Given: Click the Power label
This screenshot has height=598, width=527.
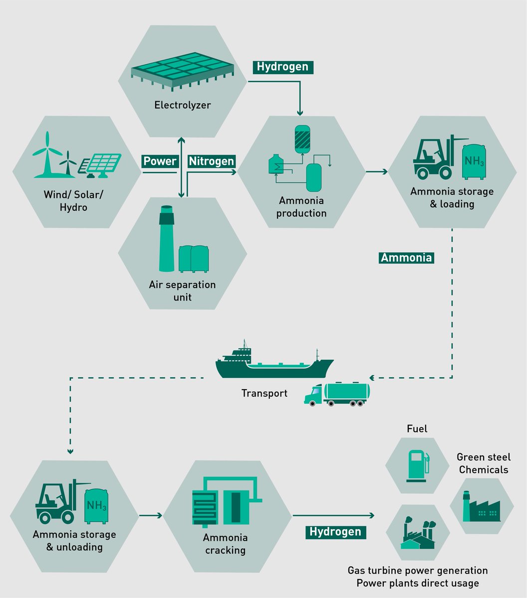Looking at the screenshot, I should pyautogui.click(x=160, y=161).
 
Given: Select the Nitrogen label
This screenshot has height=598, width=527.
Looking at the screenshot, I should pyautogui.click(x=211, y=161).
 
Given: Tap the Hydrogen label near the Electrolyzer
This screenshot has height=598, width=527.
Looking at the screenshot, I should pyautogui.click(x=282, y=66).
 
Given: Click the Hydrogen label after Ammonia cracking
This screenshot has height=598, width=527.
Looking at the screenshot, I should pyautogui.click(x=335, y=532).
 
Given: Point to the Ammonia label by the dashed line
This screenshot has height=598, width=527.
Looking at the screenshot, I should pyautogui.click(x=406, y=258).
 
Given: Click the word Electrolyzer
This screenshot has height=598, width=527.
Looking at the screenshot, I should pyautogui.click(x=182, y=105).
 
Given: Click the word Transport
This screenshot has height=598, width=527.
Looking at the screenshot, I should pyautogui.click(x=264, y=393).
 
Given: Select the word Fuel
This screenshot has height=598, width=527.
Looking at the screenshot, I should pyautogui.click(x=417, y=429).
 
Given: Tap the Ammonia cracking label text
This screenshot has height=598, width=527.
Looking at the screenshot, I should pyautogui.click(x=225, y=544).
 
